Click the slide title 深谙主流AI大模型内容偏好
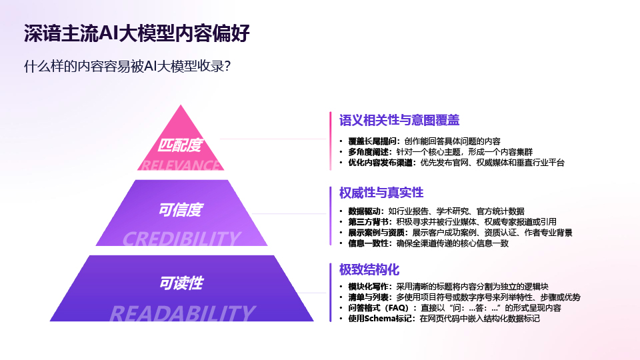[x=136, y=33]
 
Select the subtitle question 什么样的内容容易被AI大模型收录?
[x=127, y=66]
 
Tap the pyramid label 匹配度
[x=180, y=145]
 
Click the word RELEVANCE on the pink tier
[x=180, y=165]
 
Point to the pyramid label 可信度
[x=180, y=210]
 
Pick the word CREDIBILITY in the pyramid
[x=181, y=239]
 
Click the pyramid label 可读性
[x=181, y=283]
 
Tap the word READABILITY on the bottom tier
[x=182, y=313]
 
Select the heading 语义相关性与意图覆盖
[x=399, y=120]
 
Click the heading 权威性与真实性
[x=381, y=193]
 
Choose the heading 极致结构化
[x=369, y=270]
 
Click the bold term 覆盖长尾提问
[x=372, y=141]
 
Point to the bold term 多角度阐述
[x=368, y=152]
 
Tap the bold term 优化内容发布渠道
[x=381, y=163]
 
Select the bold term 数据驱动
[x=364, y=211]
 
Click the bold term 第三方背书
[x=368, y=222]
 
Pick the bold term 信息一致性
[x=368, y=243]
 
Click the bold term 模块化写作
[x=368, y=287]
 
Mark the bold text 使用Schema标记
[x=380, y=319]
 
